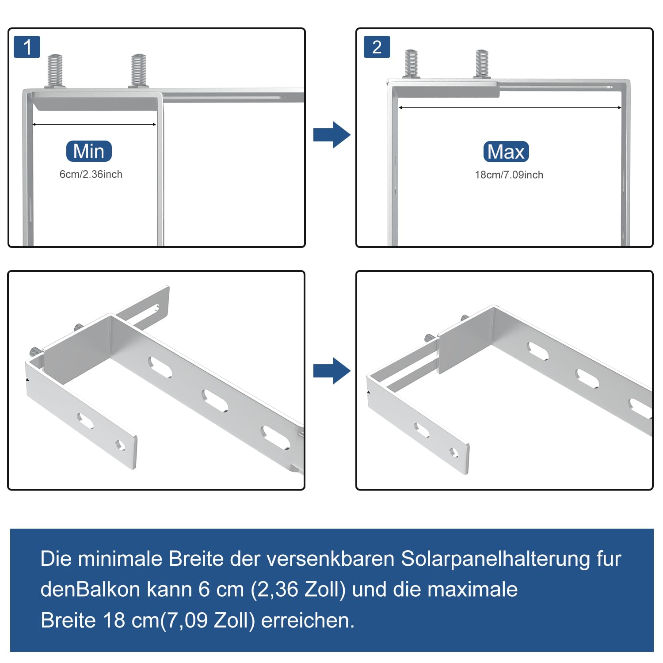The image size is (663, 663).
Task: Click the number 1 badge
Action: (x=27, y=47)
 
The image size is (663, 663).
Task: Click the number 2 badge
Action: (x=377, y=47)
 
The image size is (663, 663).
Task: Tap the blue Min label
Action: (x=89, y=151)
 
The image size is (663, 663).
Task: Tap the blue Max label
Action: (x=506, y=152)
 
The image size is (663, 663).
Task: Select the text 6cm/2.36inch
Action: (x=91, y=174)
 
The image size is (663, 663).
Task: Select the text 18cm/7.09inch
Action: (x=509, y=175)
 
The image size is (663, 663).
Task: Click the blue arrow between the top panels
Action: (x=332, y=134)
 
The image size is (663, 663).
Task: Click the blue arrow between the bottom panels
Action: (x=332, y=370)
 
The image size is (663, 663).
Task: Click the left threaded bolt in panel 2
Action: (x=411, y=64)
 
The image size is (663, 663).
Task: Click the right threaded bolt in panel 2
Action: (x=482, y=64)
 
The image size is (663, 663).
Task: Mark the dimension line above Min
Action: (x=94, y=125)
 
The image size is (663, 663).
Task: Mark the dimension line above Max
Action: (x=510, y=107)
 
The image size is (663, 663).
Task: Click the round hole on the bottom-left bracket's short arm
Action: (x=120, y=445)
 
